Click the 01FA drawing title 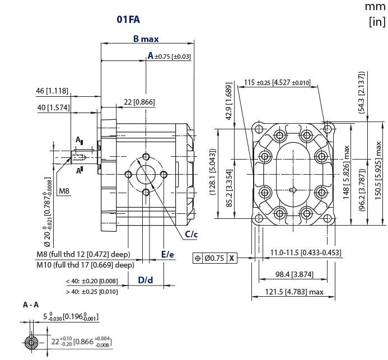[x=128, y=20]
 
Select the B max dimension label [x=146, y=39]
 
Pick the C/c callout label [x=191, y=234]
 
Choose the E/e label [x=167, y=254]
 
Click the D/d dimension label [x=146, y=279]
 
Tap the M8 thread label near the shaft [x=65, y=191]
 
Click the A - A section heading [x=31, y=305]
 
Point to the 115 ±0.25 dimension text [x=277, y=83]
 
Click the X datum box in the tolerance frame [x=232, y=258]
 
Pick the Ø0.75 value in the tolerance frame [x=214, y=258]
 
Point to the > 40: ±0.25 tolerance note [x=92, y=292]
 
